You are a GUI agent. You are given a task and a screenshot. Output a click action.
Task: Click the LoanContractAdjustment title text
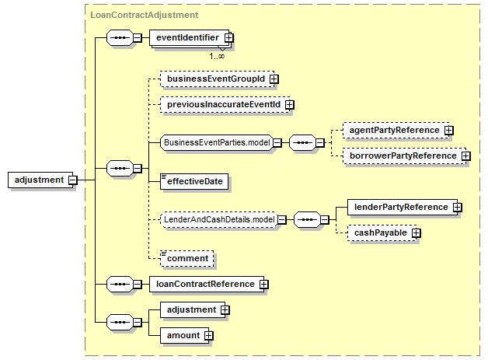click(x=144, y=15)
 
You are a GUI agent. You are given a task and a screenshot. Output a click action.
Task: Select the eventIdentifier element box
click(x=190, y=37)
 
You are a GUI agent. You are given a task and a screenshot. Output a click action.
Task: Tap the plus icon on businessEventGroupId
click(x=274, y=79)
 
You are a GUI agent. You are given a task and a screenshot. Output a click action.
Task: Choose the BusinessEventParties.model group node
click(x=217, y=142)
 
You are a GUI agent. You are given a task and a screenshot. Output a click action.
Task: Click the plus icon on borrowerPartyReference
click(x=466, y=156)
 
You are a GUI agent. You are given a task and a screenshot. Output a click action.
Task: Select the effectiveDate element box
click(x=194, y=182)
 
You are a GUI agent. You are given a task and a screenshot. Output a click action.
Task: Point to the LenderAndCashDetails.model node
click(x=219, y=219)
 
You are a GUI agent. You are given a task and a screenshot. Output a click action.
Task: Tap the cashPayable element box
click(x=382, y=233)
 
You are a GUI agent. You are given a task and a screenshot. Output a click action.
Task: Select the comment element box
click(x=187, y=258)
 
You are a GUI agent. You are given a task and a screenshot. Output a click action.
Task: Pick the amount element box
click(x=185, y=335)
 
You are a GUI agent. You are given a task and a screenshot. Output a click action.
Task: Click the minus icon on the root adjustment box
click(x=73, y=180)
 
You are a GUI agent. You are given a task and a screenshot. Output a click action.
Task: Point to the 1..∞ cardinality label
click(x=217, y=56)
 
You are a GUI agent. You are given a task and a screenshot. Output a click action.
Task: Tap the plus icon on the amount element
click(x=209, y=336)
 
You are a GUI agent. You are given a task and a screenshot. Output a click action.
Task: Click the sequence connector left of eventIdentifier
click(x=120, y=37)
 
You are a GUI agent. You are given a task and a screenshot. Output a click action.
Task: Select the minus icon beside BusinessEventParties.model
click(x=277, y=143)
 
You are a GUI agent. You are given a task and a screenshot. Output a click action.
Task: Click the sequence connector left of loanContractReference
click(x=120, y=284)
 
